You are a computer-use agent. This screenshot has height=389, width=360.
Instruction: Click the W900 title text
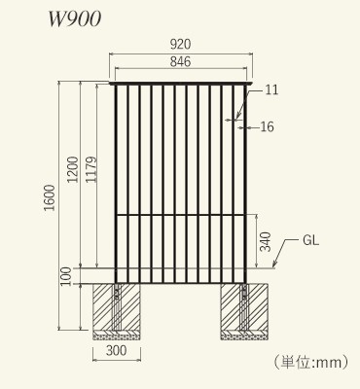pyautogui.click(x=75, y=19)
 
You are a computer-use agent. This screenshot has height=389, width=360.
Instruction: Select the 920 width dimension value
pyautogui.click(x=180, y=45)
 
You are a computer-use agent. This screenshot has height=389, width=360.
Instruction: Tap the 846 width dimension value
pyautogui.click(x=180, y=61)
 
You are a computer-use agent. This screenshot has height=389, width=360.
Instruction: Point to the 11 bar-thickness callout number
pyautogui.click(x=271, y=89)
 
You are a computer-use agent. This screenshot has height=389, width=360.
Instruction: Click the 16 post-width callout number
pyautogui.click(x=268, y=126)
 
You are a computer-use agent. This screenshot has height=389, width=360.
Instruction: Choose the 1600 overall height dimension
pyautogui.click(x=50, y=197)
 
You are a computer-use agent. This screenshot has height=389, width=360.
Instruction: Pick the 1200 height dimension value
pyautogui.click(x=73, y=169)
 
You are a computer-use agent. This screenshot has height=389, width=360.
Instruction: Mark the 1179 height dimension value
pyautogui.click(x=90, y=169)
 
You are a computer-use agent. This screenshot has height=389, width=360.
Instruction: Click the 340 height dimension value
pyautogui.click(x=266, y=242)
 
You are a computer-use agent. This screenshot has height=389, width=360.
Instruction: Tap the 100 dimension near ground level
pyautogui.click(x=66, y=276)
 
